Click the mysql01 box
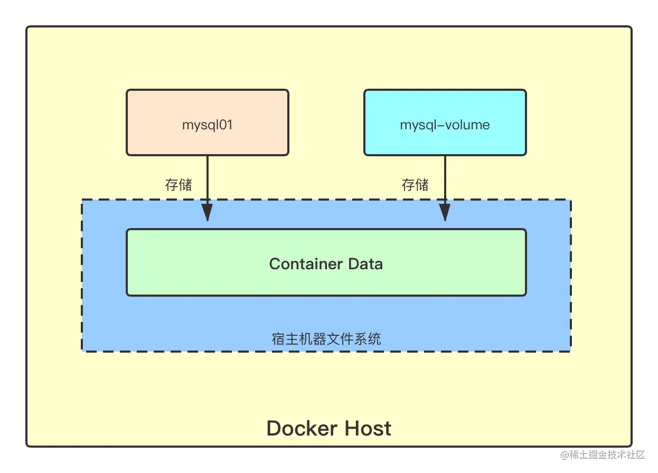pyautogui.click(x=208, y=122)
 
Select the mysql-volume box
pyautogui.click(x=445, y=122)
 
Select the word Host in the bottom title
pyautogui.click(x=368, y=428)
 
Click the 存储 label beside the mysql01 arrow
pyautogui.click(x=178, y=185)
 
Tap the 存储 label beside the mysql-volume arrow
pyautogui.click(x=415, y=185)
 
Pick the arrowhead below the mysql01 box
pyautogui.click(x=208, y=212)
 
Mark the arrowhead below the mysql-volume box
pyautogui.click(x=445, y=212)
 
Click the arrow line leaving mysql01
pyautogui.click(x=208, y=177)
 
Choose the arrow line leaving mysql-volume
pyautogui.click(x=445, y=177)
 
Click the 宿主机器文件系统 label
pyautogui.click(x=326, y=338)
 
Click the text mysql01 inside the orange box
pyautogui.click(x=208, y=125)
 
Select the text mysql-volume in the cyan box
pyautogui.click(x=445, y=125)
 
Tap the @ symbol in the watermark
pyautogui.click(x=563, y=454)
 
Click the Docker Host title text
pyautogui.click(x=329, y=428)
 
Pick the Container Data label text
pyautogui.click(x=326, y=263)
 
